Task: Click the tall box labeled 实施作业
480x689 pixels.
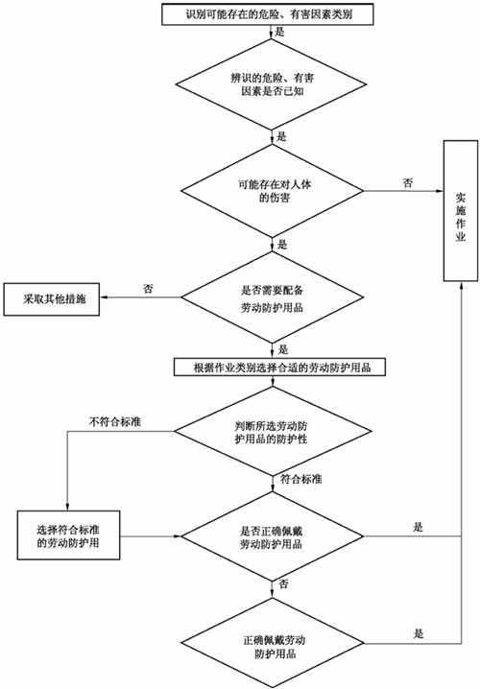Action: [x=460, y=210]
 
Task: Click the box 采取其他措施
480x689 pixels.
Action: [x=54, y=298]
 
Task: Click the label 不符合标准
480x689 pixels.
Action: [x=115, y=421]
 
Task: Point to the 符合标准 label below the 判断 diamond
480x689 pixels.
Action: [x=300, y=478]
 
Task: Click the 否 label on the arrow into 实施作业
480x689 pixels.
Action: [x=407, y=180]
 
